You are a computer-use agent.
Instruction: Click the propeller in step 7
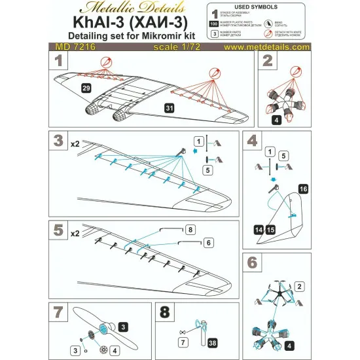coord(98,329)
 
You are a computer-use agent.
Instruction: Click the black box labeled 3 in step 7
coord(122,325)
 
